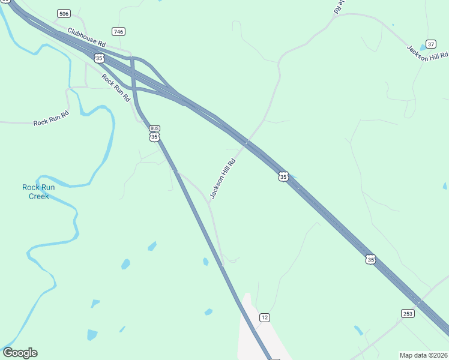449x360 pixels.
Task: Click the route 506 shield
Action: coord(64,13)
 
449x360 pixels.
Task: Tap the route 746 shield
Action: coord(118,31)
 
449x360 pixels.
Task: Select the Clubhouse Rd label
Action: coord(86,37)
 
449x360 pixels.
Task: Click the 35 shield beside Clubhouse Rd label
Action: coord(99,58)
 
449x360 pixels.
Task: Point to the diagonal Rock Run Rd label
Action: coord(116,88)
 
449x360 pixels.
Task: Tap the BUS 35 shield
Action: coord(154,133)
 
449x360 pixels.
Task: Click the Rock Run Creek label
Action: coord(38,191)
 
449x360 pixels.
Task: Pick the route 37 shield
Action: coord(430,45)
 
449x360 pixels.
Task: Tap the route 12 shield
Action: coord(264,317)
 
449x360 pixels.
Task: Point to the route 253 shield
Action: coord(408,313)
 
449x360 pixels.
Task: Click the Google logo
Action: coord(20,353)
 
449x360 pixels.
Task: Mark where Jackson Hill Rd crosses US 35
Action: coord(246,143)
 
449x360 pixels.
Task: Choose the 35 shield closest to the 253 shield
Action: coord(371,259)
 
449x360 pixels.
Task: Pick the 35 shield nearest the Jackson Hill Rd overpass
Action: coord(283,176)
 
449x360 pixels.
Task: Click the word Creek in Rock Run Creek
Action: coord(38,196)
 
